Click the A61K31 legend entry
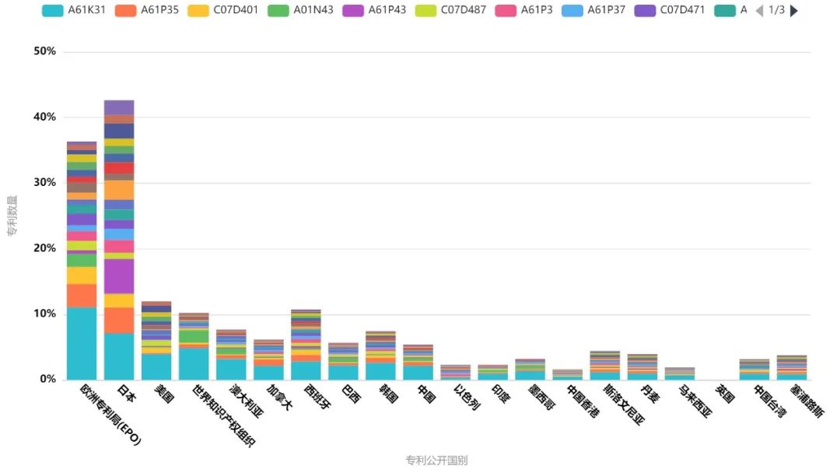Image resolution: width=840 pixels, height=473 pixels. coord(73,10)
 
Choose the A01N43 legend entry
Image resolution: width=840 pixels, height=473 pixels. coord(302,10)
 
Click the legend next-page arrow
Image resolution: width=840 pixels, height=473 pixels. coord(794,11)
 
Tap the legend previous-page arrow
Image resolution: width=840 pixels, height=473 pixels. coord(759,11)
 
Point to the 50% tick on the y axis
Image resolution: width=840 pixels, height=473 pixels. coord(45,51)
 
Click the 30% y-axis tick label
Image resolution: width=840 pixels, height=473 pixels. coord(45,183)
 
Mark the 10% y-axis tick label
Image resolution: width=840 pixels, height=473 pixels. coord(45,314)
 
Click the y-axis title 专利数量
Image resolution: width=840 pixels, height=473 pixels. coord(12,215)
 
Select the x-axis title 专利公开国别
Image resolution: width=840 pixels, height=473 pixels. coord(436,460)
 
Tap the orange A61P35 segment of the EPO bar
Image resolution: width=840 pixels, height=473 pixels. coord(82,296)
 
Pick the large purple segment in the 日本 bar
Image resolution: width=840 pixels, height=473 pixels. coord(119,276)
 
